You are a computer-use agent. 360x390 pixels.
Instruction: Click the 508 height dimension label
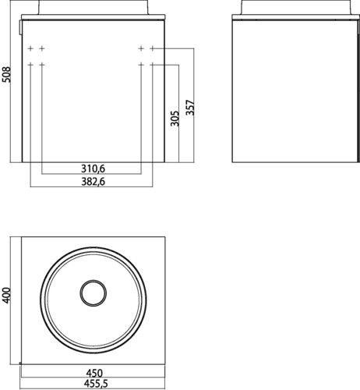(6, 75)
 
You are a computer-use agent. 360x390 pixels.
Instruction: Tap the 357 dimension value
(190, 108)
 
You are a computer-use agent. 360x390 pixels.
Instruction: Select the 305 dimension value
(175, 119)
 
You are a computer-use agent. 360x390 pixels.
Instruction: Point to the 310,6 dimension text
(93, 169)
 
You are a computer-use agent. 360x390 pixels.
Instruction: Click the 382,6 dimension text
(93, 182)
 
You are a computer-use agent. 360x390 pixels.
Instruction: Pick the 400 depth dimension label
(6, 295)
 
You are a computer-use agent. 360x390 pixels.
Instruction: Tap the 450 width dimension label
(94, 374)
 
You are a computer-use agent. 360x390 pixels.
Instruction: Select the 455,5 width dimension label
(96, 384)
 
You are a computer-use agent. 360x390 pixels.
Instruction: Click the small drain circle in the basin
(94, 293)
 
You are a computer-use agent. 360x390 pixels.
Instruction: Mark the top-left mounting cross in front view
(30, 48)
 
